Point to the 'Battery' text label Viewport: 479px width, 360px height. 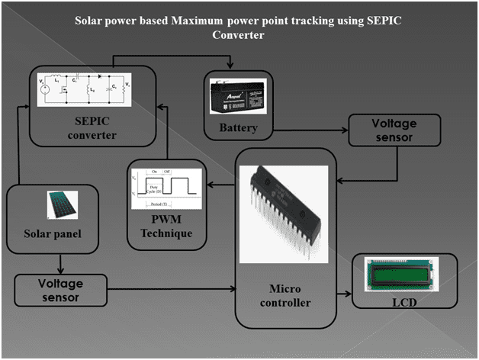tap(236, 127)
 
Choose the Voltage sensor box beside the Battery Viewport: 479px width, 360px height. tap(394, 130)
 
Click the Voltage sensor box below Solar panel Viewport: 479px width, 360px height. tap(60, 291)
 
